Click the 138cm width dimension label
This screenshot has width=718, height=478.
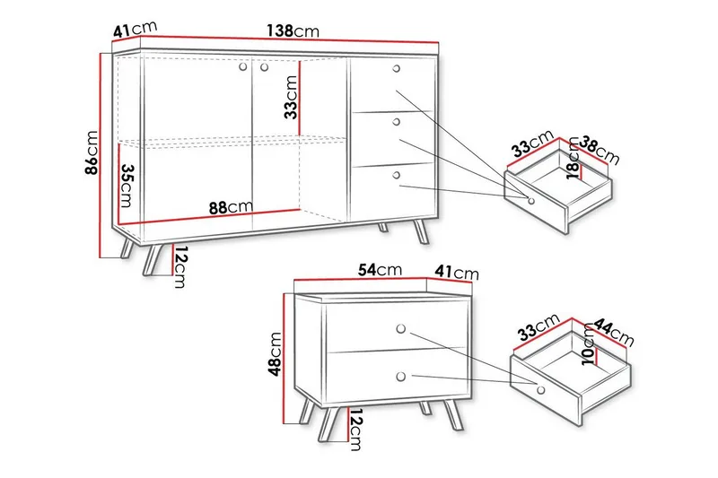pyautogui.click(x=293, y=31)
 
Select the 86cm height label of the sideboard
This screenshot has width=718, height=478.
pyautogui.click(x=92, y=152)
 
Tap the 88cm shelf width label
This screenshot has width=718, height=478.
pyautogui.click(x=231, y=207)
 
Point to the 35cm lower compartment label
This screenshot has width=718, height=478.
pyautogui.click(x=126, y=186)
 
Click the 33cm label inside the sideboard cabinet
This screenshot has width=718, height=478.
pyautogui.click(x=291, y=97)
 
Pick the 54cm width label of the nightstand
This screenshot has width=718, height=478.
pyautogui.click(x=380, y=270)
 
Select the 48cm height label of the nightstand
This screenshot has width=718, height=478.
pyautogui.click(x=275, y=353)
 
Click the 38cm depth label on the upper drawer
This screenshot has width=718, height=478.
pyautogui.click(x=599, y=151)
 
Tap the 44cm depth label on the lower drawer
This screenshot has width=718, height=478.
pyautogui.click(x=614, y=333)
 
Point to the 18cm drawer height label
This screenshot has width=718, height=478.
pyautogui.click(x=573, y=158)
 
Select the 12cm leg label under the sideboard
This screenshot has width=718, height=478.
pyautogui.click(x=180, y=266)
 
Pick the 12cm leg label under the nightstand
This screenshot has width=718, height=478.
pyautogui.click(x=355, y=430)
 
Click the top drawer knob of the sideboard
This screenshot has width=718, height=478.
pyautogui.click(x=397, y=69)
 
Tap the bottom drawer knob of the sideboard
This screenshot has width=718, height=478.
pyautogui.click(x=397, y=175)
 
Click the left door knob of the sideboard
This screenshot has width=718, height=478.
pyautogui.click(x=243, y=66)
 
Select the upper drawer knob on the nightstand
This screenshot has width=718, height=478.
pyautogui.click(x=401, y=329)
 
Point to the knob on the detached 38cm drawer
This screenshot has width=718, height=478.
pyautogui.click(x=531, y=201)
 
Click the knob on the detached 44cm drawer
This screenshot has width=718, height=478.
pyautogui.click(x=541, y=390)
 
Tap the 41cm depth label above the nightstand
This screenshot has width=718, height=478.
pyautogui.click(x=457, y=273)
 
